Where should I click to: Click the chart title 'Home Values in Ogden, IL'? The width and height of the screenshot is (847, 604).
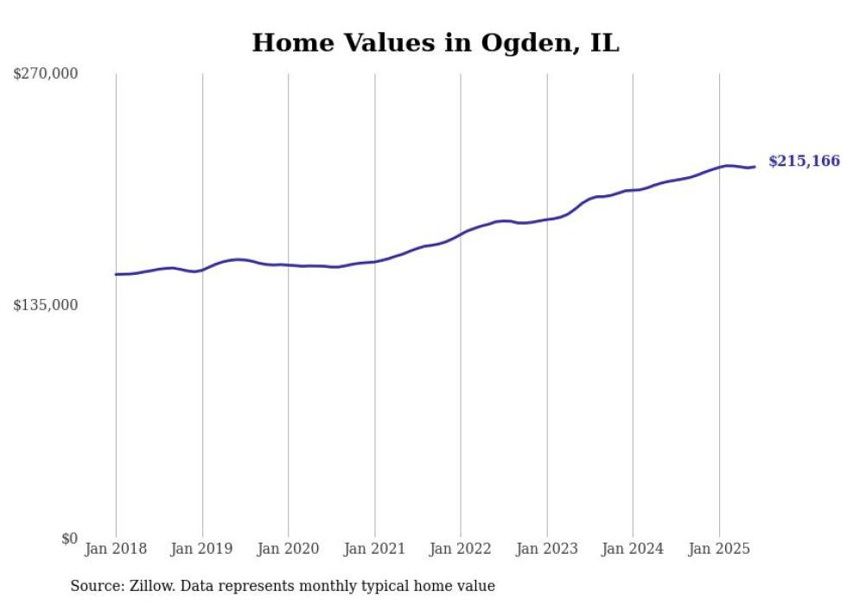pyautogui.click(x=436, y=42)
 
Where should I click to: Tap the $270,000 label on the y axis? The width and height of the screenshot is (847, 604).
pyautogui.click(x=45, y=73)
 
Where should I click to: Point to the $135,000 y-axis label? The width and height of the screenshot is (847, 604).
pyautogui.click(x=45, y=305)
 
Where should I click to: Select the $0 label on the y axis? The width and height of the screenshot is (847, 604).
pyautogui.click(x=69, y=538)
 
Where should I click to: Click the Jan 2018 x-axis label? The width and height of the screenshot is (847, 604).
pyautogui.click(x=116, y=549)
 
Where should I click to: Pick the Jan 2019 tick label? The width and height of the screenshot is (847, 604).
pyautogui.click(x=202, y=549)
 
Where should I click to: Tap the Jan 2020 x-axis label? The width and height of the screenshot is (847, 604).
pyautogui.click(x=289, y=549)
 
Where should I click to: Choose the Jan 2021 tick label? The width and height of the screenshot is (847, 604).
pyautogui.click(x=374, y=549)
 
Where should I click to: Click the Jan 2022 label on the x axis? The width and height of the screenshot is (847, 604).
pyautogui.click(x=461, y=549)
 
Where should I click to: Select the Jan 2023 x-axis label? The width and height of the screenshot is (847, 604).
pyautogui.click(x=546, y=549)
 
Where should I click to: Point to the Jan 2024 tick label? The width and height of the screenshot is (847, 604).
pyautogui.click(x=633, y=549)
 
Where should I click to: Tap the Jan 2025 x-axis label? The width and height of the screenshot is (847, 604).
pyautogui.click(x=719, y=549)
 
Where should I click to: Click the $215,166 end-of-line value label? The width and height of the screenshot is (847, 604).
pyautogui.click(x=804, y=161)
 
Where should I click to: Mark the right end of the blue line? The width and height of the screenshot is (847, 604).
pyautogui.click(x=755, y=167)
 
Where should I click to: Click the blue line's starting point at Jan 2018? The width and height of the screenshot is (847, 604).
pyautogui.click(x=116, y=274)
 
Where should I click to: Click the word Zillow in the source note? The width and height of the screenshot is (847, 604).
pyautogui.click(x=150, y=586)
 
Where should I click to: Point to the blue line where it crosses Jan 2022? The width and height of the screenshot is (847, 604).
pyautogui.click(x=461, y=233)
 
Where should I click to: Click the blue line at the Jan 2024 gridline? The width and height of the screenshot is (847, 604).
pyautogui.click(x=633, y=190)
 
